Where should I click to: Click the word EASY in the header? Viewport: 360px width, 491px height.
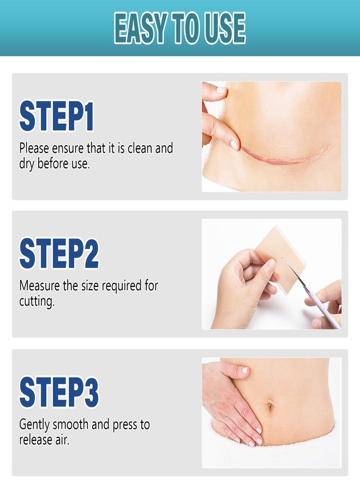(x=141, y=28)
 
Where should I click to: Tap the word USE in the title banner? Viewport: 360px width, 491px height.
(x=225, y=28)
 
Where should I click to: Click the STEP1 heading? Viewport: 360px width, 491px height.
(x=56, y=116)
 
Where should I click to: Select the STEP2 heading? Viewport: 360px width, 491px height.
(x=59, y=253)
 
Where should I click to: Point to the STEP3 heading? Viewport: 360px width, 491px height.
(x=59, y=392)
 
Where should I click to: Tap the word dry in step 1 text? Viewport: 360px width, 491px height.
(x=27, y=164)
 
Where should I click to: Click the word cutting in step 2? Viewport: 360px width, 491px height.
(x=37, y=301)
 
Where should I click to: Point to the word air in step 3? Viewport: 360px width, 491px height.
(x=62, y=440)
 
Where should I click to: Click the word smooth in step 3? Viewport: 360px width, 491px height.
(x=70, y=424)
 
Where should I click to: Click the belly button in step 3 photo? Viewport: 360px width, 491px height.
(x=271, y=406)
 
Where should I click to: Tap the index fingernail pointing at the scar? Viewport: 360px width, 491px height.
(x=234, y=145)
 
